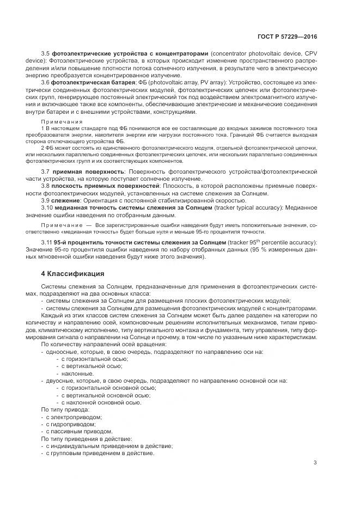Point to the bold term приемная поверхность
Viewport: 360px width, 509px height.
(81, 172)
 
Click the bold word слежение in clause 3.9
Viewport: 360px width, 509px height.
(65, 200)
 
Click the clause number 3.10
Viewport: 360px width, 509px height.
(47, 207)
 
